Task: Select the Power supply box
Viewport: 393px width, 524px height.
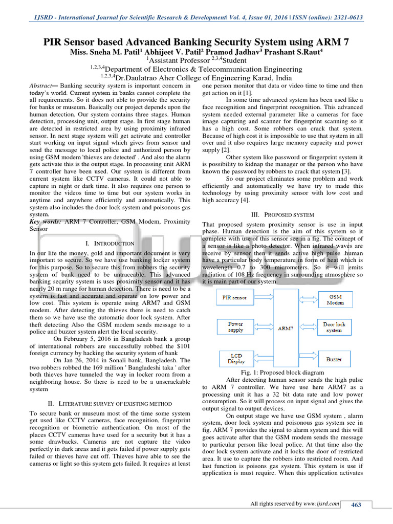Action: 235,327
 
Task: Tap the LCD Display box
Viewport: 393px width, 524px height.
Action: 236,358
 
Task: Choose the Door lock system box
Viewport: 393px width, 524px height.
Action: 334,327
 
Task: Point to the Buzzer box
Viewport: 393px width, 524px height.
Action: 334,359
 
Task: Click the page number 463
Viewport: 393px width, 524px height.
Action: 356,505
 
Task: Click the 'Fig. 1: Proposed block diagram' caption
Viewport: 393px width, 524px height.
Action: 286,373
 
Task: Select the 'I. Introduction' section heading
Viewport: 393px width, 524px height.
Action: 110,244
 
